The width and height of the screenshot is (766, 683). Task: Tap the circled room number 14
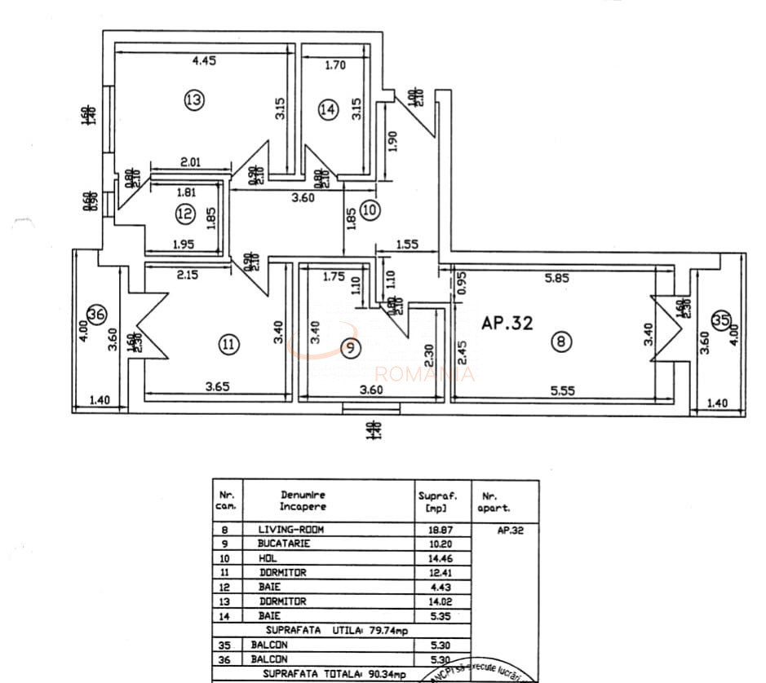(328, 110)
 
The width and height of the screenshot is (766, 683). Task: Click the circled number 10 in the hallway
(370, 209)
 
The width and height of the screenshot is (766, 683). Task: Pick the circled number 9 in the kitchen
(350, 348)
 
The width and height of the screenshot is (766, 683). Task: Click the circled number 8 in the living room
(560, 342)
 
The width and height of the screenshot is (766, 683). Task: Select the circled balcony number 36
(96, 314)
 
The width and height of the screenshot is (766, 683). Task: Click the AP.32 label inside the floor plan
(507, 324)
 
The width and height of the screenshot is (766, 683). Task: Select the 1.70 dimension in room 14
(335, 66)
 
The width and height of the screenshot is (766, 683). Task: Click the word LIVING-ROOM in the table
(290, 530)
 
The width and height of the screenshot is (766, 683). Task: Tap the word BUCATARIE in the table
(285, 544)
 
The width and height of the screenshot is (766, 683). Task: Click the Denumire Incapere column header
(303, 500)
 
